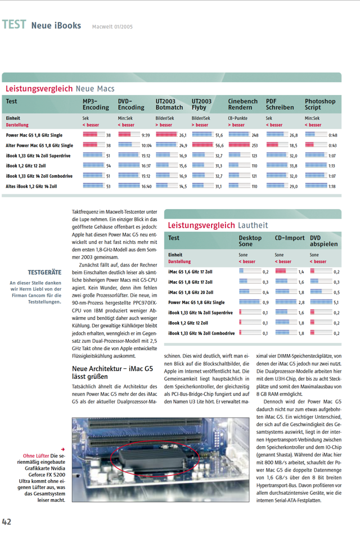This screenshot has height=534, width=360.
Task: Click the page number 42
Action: pyautogui.click(x=7, y=522)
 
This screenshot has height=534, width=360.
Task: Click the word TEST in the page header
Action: pyautogui.click(x=13, y=25)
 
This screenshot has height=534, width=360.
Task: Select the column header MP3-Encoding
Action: pyautogui.click(x=96, y=105)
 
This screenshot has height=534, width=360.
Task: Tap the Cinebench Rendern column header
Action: pyautogui.click(x=242, y=105)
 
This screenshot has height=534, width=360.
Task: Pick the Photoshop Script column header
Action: pyautogui.click(x=320, y=105)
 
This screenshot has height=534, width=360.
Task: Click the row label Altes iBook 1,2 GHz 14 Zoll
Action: pyautogui.click(x=31, y=186)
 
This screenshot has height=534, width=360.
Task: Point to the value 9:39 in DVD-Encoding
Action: pyautogui.click(x=146, y=135)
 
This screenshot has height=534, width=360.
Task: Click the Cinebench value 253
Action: pyautogui.click(x=254, y=145)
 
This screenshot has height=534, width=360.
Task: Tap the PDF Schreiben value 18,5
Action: pyautogui.click(x=293, y=145)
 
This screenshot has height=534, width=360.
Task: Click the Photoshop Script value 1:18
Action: pyautogui.click(x=332, y=186)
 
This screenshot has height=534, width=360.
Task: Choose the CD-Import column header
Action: pyautogui.click(x=290, y=238)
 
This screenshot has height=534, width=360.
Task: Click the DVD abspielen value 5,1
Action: pyautogui.click(x=336, y=302)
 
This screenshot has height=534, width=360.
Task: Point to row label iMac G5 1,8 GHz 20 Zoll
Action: pyautogui.click(x=191, y=292)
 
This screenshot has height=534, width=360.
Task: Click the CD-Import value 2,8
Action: pyautogui.click(x=301, y=302)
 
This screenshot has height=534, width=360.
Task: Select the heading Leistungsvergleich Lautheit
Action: pyautogui.click(x=218, y=225)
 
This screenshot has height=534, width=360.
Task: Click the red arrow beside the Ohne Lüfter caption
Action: pyautogui.click(x=63, y=449)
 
